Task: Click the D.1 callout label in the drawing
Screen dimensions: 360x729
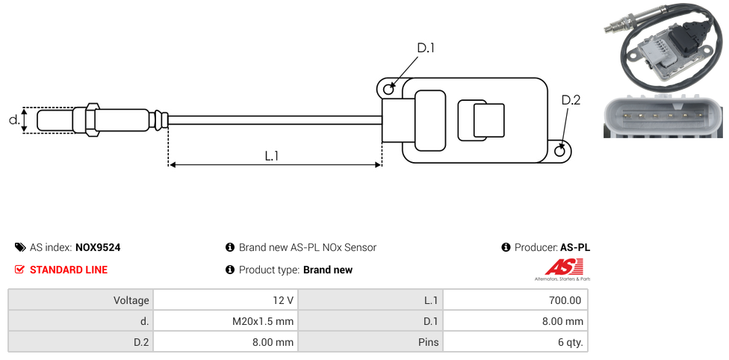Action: click(x=425, y=48)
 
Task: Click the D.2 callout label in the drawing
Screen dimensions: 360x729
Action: click(x=571, y=100)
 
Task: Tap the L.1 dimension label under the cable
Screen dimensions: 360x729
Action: click(x=272, y=156)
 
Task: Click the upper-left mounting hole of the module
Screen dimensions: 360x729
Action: click(x=388, y=89)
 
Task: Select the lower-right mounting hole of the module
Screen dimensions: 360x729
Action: click(x=561, y=151)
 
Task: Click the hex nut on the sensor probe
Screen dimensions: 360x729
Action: click(x=93, y=120)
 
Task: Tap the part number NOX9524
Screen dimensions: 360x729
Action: click(x=98, y=247)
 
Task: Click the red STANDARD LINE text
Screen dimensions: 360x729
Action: click(x=68, y=270)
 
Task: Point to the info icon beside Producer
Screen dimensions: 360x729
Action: click(x=506, y=247)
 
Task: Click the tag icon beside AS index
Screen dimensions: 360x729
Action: click(x=20, y=247)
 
